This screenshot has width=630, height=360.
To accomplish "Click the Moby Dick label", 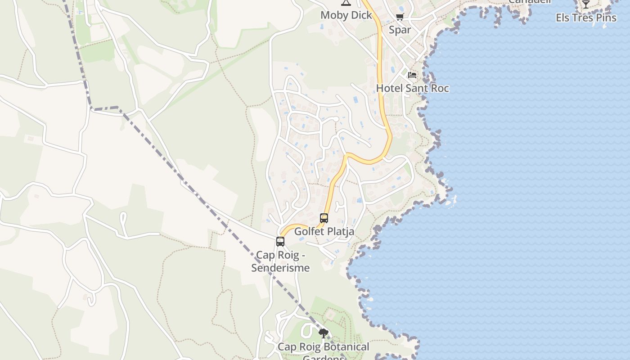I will coord(346,15).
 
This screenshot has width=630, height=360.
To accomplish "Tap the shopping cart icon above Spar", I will coord(400,17).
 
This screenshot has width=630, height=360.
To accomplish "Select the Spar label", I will coord(400,30).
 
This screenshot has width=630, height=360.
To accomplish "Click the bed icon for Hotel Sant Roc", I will coord(412,75).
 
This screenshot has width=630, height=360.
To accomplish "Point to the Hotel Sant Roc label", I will coord(412,88).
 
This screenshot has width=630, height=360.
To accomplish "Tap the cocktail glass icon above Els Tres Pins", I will coord(585,4).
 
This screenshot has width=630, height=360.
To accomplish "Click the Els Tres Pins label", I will coord(586,18).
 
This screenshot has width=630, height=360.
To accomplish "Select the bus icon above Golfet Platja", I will coord(324,218).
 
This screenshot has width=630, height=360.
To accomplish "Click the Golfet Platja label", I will coord(324,232).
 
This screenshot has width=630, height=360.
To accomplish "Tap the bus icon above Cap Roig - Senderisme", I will coord(280,242).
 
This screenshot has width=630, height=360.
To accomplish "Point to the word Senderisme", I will coord(280,268).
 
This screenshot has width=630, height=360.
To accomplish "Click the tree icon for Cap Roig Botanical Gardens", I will coord(323,333).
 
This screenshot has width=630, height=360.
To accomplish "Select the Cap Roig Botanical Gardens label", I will coord(323,347).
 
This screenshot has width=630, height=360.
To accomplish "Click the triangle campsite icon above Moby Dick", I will coord(346,3).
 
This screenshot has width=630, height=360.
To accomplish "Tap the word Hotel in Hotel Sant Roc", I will coord(389,88).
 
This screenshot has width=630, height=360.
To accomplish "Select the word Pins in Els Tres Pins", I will coord(606,18).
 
